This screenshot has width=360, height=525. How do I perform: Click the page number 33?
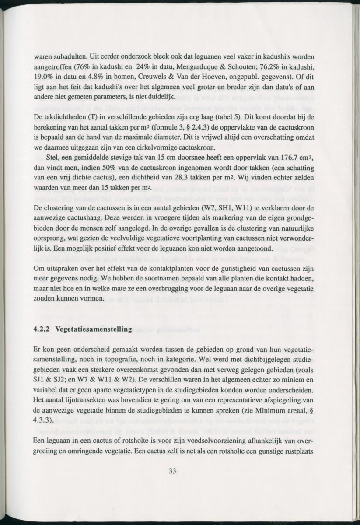pyautogui.click(x=172, y=471)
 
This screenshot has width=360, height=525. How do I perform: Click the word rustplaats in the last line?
pyautogui.click(x=299, y=451)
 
